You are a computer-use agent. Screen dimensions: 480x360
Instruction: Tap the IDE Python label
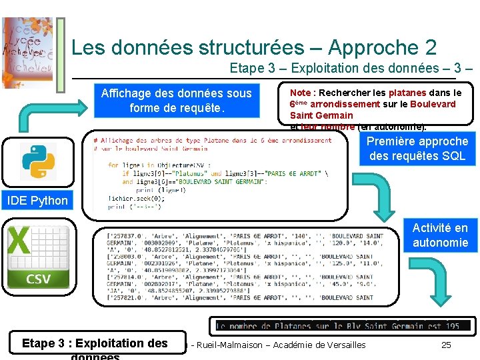[37, 200]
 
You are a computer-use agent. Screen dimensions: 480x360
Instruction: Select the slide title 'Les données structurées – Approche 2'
[254, 47]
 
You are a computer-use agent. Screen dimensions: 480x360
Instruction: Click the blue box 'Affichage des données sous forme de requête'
[176, 101]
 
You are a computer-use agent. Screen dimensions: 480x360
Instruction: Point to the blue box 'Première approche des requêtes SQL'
[417, 149]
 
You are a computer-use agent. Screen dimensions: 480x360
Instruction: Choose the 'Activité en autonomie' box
[440, 235]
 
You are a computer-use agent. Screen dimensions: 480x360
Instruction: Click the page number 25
[446, 345]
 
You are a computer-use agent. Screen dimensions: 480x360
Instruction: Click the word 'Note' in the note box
[300, 93]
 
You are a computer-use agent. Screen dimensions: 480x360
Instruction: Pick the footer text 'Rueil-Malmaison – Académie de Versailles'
[281, 345]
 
